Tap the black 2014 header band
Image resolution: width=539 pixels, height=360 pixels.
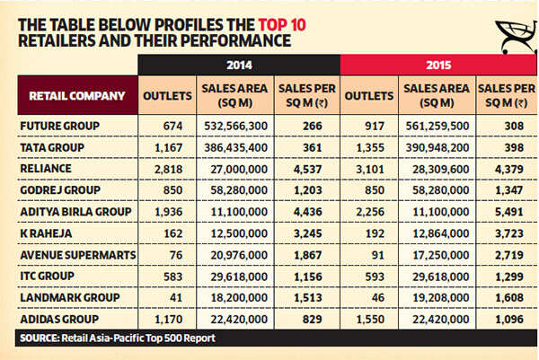click(x=238, y=66)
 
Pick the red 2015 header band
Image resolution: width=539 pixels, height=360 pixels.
click(x=438, y=66)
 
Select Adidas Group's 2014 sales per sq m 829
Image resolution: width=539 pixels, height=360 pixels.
click(x=310, y=319)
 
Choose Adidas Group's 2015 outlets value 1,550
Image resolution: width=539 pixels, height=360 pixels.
click(x=370, y=319)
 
